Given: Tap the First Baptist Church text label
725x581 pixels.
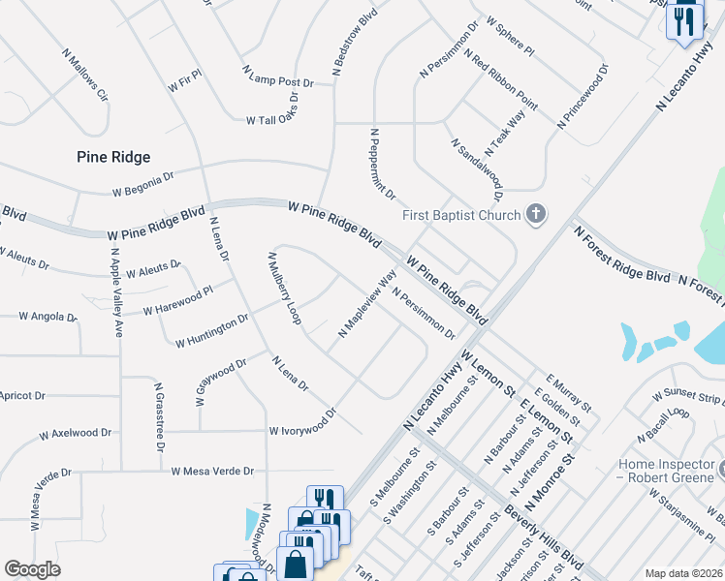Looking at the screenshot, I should click(462, 215).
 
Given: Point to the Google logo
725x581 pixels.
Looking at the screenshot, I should click(32, 569).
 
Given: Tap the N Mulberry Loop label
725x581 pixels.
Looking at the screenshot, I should click(283, 288).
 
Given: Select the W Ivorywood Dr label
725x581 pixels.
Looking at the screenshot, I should click(302, 423).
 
